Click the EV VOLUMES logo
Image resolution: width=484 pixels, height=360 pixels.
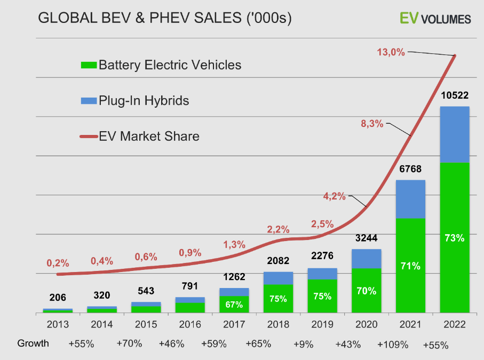(x=435, y=19)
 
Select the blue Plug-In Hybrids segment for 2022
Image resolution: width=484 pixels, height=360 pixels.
(x=454, y=134)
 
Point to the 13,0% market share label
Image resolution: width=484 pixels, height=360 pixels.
(x=391, y=52)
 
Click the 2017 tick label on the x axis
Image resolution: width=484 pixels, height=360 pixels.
(x=234, y=324)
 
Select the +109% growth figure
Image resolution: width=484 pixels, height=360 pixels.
(x=392, y=344)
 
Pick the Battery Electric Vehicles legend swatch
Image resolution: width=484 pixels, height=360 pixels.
(x=88, y=65)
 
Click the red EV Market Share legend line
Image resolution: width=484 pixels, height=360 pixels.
(x=88, y=137)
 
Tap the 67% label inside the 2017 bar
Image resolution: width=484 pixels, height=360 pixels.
(x=234, y=305)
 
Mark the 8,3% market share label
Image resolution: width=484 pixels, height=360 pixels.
(x=372, y=124)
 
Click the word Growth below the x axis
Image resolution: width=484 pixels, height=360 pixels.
(x=33, y=343)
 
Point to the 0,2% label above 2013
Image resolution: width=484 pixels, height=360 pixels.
(x=58, y=263)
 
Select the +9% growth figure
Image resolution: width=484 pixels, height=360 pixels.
(x=303, y=344)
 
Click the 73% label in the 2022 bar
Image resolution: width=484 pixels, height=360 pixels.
(x=454, y=238)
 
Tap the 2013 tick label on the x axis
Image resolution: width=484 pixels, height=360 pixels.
(x=58, y=324)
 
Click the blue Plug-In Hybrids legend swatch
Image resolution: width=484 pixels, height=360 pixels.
(x=88, y=100)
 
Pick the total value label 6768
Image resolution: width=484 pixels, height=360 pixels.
(x=410, y=169)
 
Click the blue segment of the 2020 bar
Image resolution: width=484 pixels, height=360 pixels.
(x=366, y=259)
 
